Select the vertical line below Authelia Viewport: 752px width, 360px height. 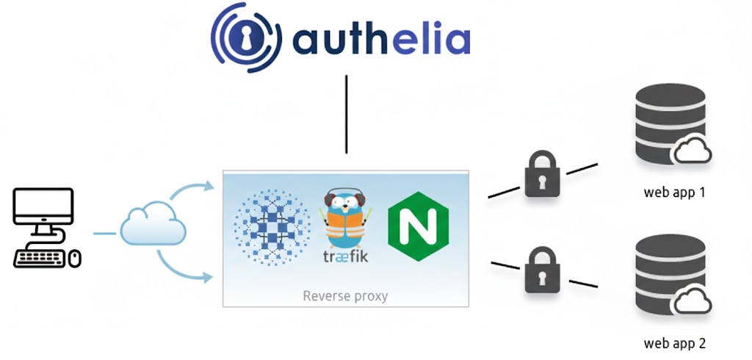(346, 113)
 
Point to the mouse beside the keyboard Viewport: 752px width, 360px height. (74, 257)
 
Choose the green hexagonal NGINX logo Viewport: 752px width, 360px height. (418, 226)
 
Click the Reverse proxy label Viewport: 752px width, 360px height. (345, 296)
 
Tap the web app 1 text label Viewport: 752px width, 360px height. (674, 193)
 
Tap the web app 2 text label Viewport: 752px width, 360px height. (674, 343)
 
